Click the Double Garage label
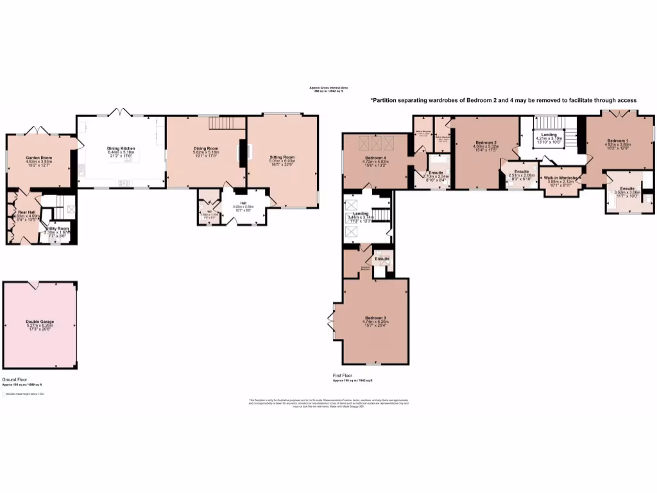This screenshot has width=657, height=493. [40, 321]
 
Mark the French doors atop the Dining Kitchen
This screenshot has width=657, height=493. [121, 112]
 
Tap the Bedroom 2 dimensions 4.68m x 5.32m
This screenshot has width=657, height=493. [487, 146]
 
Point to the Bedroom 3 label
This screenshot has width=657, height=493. [377, 317]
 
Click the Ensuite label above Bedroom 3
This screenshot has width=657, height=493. [382, 259]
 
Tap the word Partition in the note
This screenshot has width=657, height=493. [384, 100]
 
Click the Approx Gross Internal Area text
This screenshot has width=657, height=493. [328, 88]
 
